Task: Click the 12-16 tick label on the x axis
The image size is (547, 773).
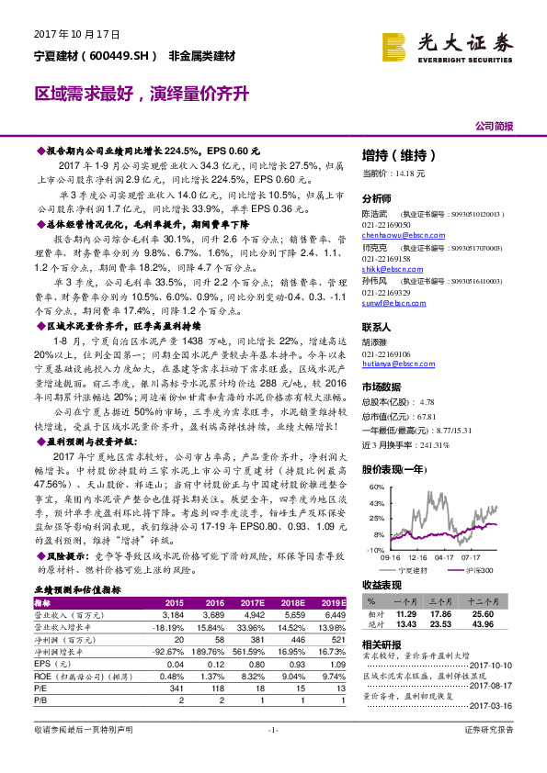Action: click(422, 557)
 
